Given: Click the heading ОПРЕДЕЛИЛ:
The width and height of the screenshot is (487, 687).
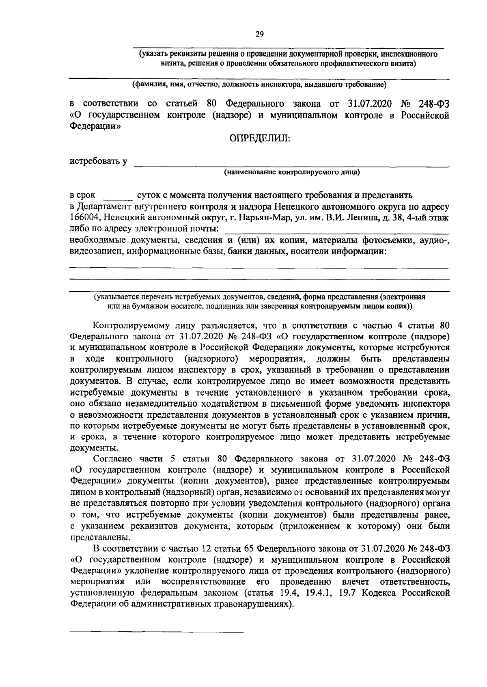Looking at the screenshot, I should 260,139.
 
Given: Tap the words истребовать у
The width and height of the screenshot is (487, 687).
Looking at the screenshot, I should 99,161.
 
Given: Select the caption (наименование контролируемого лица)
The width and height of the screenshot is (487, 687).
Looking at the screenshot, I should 292,172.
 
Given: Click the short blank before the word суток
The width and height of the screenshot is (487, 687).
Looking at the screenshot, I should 118,197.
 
